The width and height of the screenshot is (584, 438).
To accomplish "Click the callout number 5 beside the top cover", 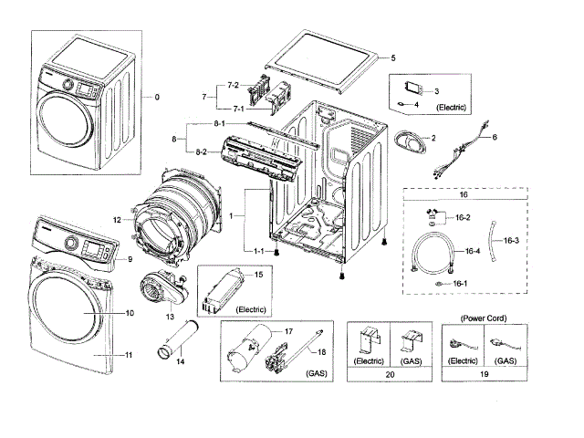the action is pos(393,57).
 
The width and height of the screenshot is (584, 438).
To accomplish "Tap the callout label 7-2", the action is pos(234,85).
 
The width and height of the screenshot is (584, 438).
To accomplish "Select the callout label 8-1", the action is pos(219,123).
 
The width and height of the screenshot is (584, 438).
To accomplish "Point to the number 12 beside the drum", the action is pos(117,220).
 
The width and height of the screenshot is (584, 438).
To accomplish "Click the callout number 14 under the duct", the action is pos(181,361).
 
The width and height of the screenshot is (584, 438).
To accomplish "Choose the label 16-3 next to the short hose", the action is pos(511,241).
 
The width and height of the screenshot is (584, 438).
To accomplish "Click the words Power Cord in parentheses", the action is pos(484,318).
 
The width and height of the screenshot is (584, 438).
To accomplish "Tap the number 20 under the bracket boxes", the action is pos(390,374).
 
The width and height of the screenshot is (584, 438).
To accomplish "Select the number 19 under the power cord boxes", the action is pos(485,374).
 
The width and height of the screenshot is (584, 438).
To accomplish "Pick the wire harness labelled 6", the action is pos(460,149).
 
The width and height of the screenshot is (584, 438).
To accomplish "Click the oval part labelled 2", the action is pos(410,142).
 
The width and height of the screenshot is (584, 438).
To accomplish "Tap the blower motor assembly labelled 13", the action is pos(164,289).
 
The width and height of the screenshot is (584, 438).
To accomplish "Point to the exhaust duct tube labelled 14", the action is pos(177,339).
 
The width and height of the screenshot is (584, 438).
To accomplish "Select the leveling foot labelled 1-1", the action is pos(276,253).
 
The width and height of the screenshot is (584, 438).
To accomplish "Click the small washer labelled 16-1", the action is pos(439,284).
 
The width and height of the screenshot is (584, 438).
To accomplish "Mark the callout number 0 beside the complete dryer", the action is pos(157,97).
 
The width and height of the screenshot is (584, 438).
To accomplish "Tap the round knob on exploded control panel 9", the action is pos(69,244).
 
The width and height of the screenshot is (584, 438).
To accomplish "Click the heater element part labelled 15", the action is pos(222,292).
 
